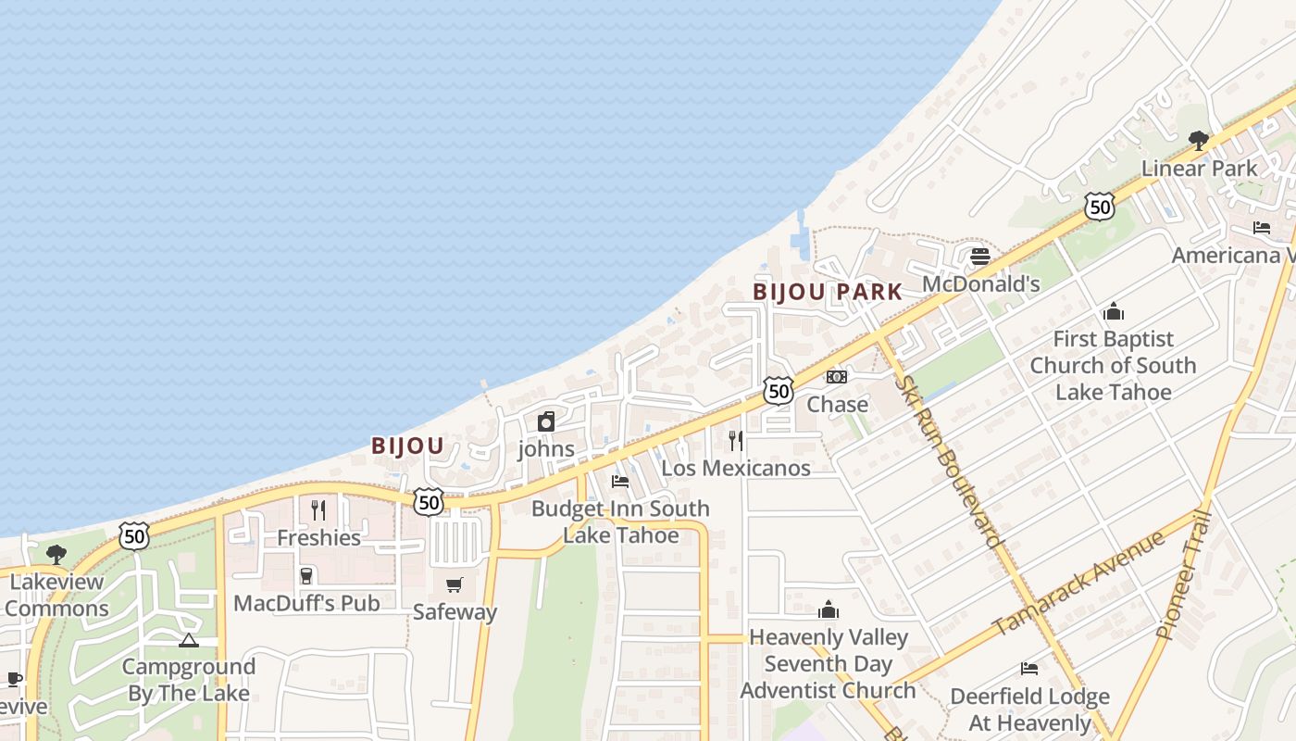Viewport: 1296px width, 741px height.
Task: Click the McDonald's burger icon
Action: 979,256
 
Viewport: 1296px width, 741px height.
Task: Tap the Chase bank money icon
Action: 837,377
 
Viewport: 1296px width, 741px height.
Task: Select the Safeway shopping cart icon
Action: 454,584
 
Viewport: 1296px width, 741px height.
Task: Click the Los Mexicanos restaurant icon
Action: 736,440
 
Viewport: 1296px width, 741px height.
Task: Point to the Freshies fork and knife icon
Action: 318,509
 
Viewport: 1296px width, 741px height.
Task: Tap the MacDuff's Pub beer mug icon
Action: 306,576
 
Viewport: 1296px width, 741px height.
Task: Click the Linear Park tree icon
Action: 1199,141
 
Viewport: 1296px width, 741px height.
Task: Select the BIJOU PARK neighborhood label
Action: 827,292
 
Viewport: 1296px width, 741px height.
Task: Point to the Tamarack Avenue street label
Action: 1078,584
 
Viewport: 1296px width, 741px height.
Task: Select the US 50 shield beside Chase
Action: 779,391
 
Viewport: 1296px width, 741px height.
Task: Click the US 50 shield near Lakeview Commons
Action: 134,535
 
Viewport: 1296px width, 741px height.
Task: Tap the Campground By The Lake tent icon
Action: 189,640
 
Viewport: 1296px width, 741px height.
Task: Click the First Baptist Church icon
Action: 1113,311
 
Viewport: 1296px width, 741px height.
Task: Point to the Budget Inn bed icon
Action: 620,481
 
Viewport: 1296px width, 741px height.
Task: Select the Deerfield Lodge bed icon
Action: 1028,669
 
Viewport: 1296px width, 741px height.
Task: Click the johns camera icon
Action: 546,421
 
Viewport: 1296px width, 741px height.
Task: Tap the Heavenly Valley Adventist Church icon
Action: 829,609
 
